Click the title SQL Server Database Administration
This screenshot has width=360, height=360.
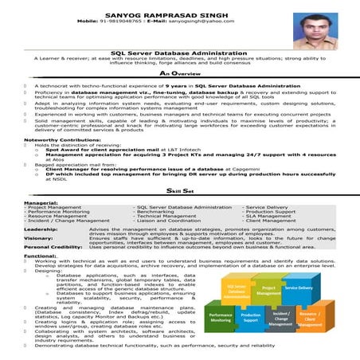[x=179, y=52]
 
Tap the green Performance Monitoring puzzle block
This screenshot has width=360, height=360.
[x=221, y=316]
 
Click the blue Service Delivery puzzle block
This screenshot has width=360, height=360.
[x=298, y=288]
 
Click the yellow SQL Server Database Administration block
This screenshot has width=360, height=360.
[x=237, y=291]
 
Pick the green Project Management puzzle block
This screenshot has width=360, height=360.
[x=268, y=291]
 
